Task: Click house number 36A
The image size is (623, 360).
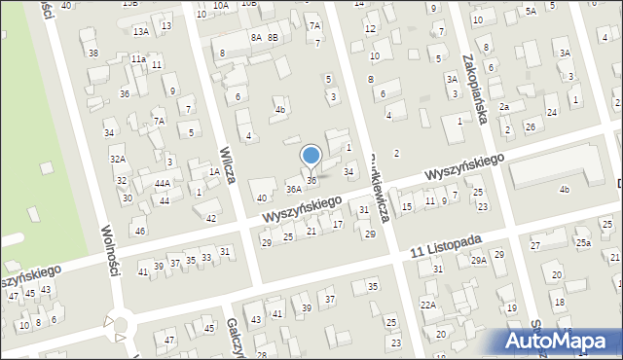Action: pos(293,188)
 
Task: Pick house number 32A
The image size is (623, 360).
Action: pos(118,159)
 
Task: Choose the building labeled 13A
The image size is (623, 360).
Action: pos(141,32)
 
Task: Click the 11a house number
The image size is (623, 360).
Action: pos(139,59)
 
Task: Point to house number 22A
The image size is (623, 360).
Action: pos(428,305)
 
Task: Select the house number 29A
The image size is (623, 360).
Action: pos(478,260)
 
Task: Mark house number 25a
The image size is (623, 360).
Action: pos(582,242)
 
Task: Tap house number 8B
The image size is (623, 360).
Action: pos(274,37)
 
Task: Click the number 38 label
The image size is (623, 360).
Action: pos(92,53)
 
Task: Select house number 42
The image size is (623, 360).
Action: pos(211,218)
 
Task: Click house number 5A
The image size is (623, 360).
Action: pos(531,12)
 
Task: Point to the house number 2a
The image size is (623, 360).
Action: pos(504,107)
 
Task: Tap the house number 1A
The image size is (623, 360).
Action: pos(214,172)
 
